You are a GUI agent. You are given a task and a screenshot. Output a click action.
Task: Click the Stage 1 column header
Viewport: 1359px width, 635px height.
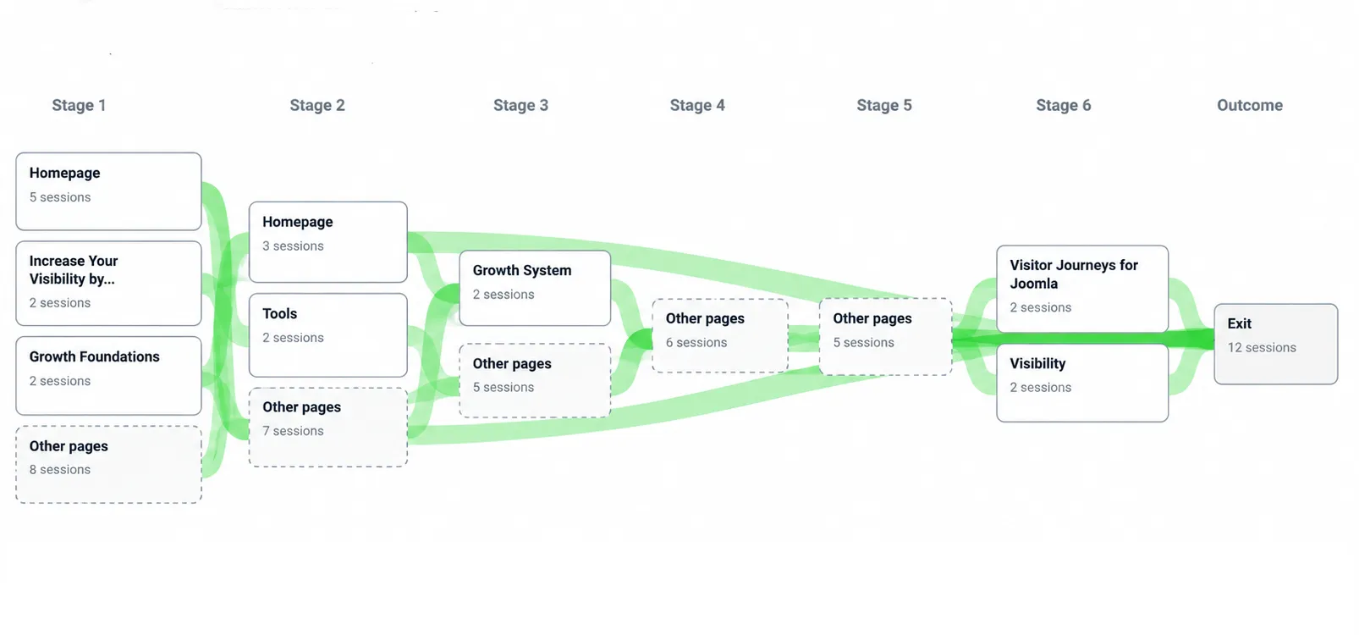click(x=79, y=105)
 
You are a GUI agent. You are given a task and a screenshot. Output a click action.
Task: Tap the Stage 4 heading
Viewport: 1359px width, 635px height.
click(x=697, y=105)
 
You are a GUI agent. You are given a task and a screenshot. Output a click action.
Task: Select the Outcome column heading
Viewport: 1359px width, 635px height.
click(x=1250, y=105)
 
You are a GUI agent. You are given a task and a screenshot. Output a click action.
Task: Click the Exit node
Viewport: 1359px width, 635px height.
click(x=1276, y=344)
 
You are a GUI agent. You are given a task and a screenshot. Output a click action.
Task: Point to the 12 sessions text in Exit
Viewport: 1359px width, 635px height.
click(x=1262, y=347)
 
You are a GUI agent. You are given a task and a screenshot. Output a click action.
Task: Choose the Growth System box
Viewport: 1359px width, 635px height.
click(x=535, y=288)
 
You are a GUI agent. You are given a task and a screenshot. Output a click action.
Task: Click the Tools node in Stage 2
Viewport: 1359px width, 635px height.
click(x=328, y=335)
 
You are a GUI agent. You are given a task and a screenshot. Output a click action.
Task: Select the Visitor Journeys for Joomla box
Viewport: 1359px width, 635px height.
click(x=1082, y=289)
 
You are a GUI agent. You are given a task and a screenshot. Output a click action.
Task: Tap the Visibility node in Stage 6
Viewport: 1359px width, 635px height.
click(x=1082, y=383)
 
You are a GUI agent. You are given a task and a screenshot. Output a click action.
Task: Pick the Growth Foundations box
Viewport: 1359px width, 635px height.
click(x=108, y=376)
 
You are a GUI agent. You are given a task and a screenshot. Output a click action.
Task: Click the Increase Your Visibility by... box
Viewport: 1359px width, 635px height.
click(x=108, y=283)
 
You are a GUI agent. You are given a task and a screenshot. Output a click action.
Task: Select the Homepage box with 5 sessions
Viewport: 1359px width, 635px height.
click(x=108, y=191)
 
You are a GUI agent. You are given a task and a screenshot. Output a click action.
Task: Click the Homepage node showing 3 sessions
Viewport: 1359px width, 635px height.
click(x=328, y=241)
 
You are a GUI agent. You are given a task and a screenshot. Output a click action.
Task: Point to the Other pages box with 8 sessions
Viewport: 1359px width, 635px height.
click(x=108, y=465)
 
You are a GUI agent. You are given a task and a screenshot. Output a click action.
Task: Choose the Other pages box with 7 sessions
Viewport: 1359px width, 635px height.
click(x=328, y=428)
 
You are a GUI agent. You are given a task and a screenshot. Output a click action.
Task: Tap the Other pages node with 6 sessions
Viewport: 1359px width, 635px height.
click(x=720, y=335)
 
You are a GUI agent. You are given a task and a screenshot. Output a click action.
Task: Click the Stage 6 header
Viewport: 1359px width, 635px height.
click(x=1063, y=105)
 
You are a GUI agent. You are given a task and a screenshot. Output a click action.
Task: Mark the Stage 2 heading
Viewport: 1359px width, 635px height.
click(x=317, y=105)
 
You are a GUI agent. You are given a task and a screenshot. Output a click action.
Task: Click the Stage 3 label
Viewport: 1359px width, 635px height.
click(x=520, y=105)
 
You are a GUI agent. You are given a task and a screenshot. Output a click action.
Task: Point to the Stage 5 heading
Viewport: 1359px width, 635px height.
click(x=884, y=105)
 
